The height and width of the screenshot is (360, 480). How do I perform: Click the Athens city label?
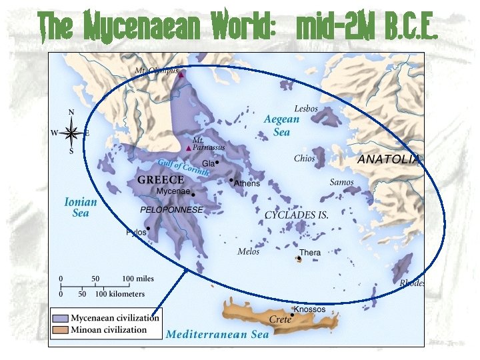[x=247, y=183]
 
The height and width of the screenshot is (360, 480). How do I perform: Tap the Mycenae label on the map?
[x=173, y=191]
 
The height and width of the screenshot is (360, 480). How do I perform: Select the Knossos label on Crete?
[x=310, y=309]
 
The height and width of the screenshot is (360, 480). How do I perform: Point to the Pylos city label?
[x=136, y=233]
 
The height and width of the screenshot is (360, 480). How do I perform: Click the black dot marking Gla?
[x=217, y=162]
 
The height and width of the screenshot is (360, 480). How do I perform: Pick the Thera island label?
[x=310, y=253]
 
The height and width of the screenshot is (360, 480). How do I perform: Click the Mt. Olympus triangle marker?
[x=181, y=75]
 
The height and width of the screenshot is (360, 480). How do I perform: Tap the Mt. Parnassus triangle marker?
[x=188, y=147]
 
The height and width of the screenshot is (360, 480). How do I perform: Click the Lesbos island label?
[x=306, y=109]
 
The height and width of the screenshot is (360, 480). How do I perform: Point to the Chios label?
[x=304, y=159]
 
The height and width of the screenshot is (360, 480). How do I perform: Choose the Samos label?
[x=341, y=182]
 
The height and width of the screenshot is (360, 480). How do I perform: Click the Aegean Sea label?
[x=281, y=125]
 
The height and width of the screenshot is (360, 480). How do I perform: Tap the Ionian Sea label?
[x=81, y=207]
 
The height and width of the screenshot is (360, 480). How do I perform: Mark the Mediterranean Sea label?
[x=217, y=334]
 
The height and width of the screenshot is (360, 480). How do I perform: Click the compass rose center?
[x=71, y=133]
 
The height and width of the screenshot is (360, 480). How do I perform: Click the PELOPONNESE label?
[x=171, y=209]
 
